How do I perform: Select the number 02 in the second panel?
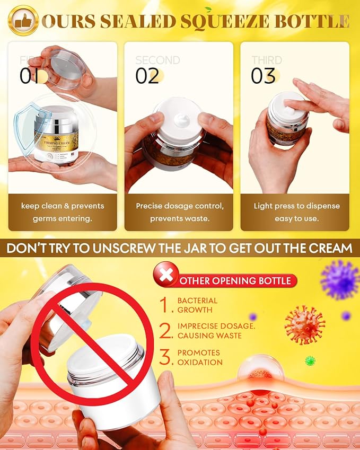point(147,76)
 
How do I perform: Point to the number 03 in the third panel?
point(264,76)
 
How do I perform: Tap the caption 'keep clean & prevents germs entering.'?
point(63,212)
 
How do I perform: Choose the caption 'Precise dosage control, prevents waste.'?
point(179,212)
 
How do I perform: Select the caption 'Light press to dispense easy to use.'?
point(296,212)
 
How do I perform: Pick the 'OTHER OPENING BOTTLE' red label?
point(236,280)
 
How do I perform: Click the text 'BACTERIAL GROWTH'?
point(197,305)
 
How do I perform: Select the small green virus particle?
point(310,360)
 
